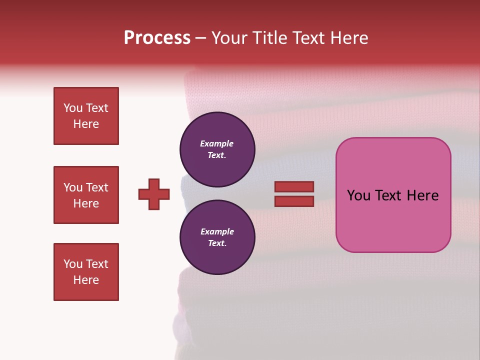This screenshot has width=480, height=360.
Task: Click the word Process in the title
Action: tap(157, 38)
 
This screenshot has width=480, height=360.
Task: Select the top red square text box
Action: tap(86, 116)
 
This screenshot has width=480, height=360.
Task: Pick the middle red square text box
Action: tap(86, 195)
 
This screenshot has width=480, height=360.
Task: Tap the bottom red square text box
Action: tap(86, 272)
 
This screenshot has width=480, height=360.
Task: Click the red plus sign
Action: tap(154, 194)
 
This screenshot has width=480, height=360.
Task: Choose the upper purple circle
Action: tap(217, 149)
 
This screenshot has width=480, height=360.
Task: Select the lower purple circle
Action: tap(217, 237)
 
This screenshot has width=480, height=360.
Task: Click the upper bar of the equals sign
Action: tap(294, 187)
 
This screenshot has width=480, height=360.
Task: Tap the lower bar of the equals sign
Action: tap(294, 201)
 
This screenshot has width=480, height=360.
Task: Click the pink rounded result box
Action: tap(393, 195)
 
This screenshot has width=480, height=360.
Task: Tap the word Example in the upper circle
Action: tap(217, 143)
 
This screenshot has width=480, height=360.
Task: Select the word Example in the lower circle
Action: tap(217, 231)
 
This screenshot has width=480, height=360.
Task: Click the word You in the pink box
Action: tap(359, 195)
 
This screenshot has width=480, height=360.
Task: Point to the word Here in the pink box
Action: tap(422, 195)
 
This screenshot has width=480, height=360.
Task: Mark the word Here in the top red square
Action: tap(86, 124)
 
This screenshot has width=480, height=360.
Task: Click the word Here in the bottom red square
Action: tap(86, 280)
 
